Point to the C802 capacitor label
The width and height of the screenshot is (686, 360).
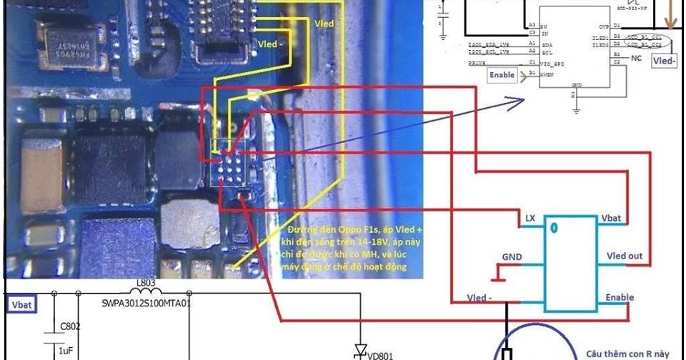pos(70,326)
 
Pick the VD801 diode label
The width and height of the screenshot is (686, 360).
pos(381,354)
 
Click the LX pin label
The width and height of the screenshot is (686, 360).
pos(530,216)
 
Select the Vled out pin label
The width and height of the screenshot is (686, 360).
pos(625,256)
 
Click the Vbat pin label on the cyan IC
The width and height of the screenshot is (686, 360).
pos(615,216)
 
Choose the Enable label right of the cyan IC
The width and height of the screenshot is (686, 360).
pos(619,297)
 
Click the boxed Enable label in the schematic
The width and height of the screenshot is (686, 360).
pos(502,74)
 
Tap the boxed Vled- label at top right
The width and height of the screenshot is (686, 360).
pos(665,61)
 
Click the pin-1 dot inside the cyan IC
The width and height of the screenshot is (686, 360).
pos(553,229)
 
